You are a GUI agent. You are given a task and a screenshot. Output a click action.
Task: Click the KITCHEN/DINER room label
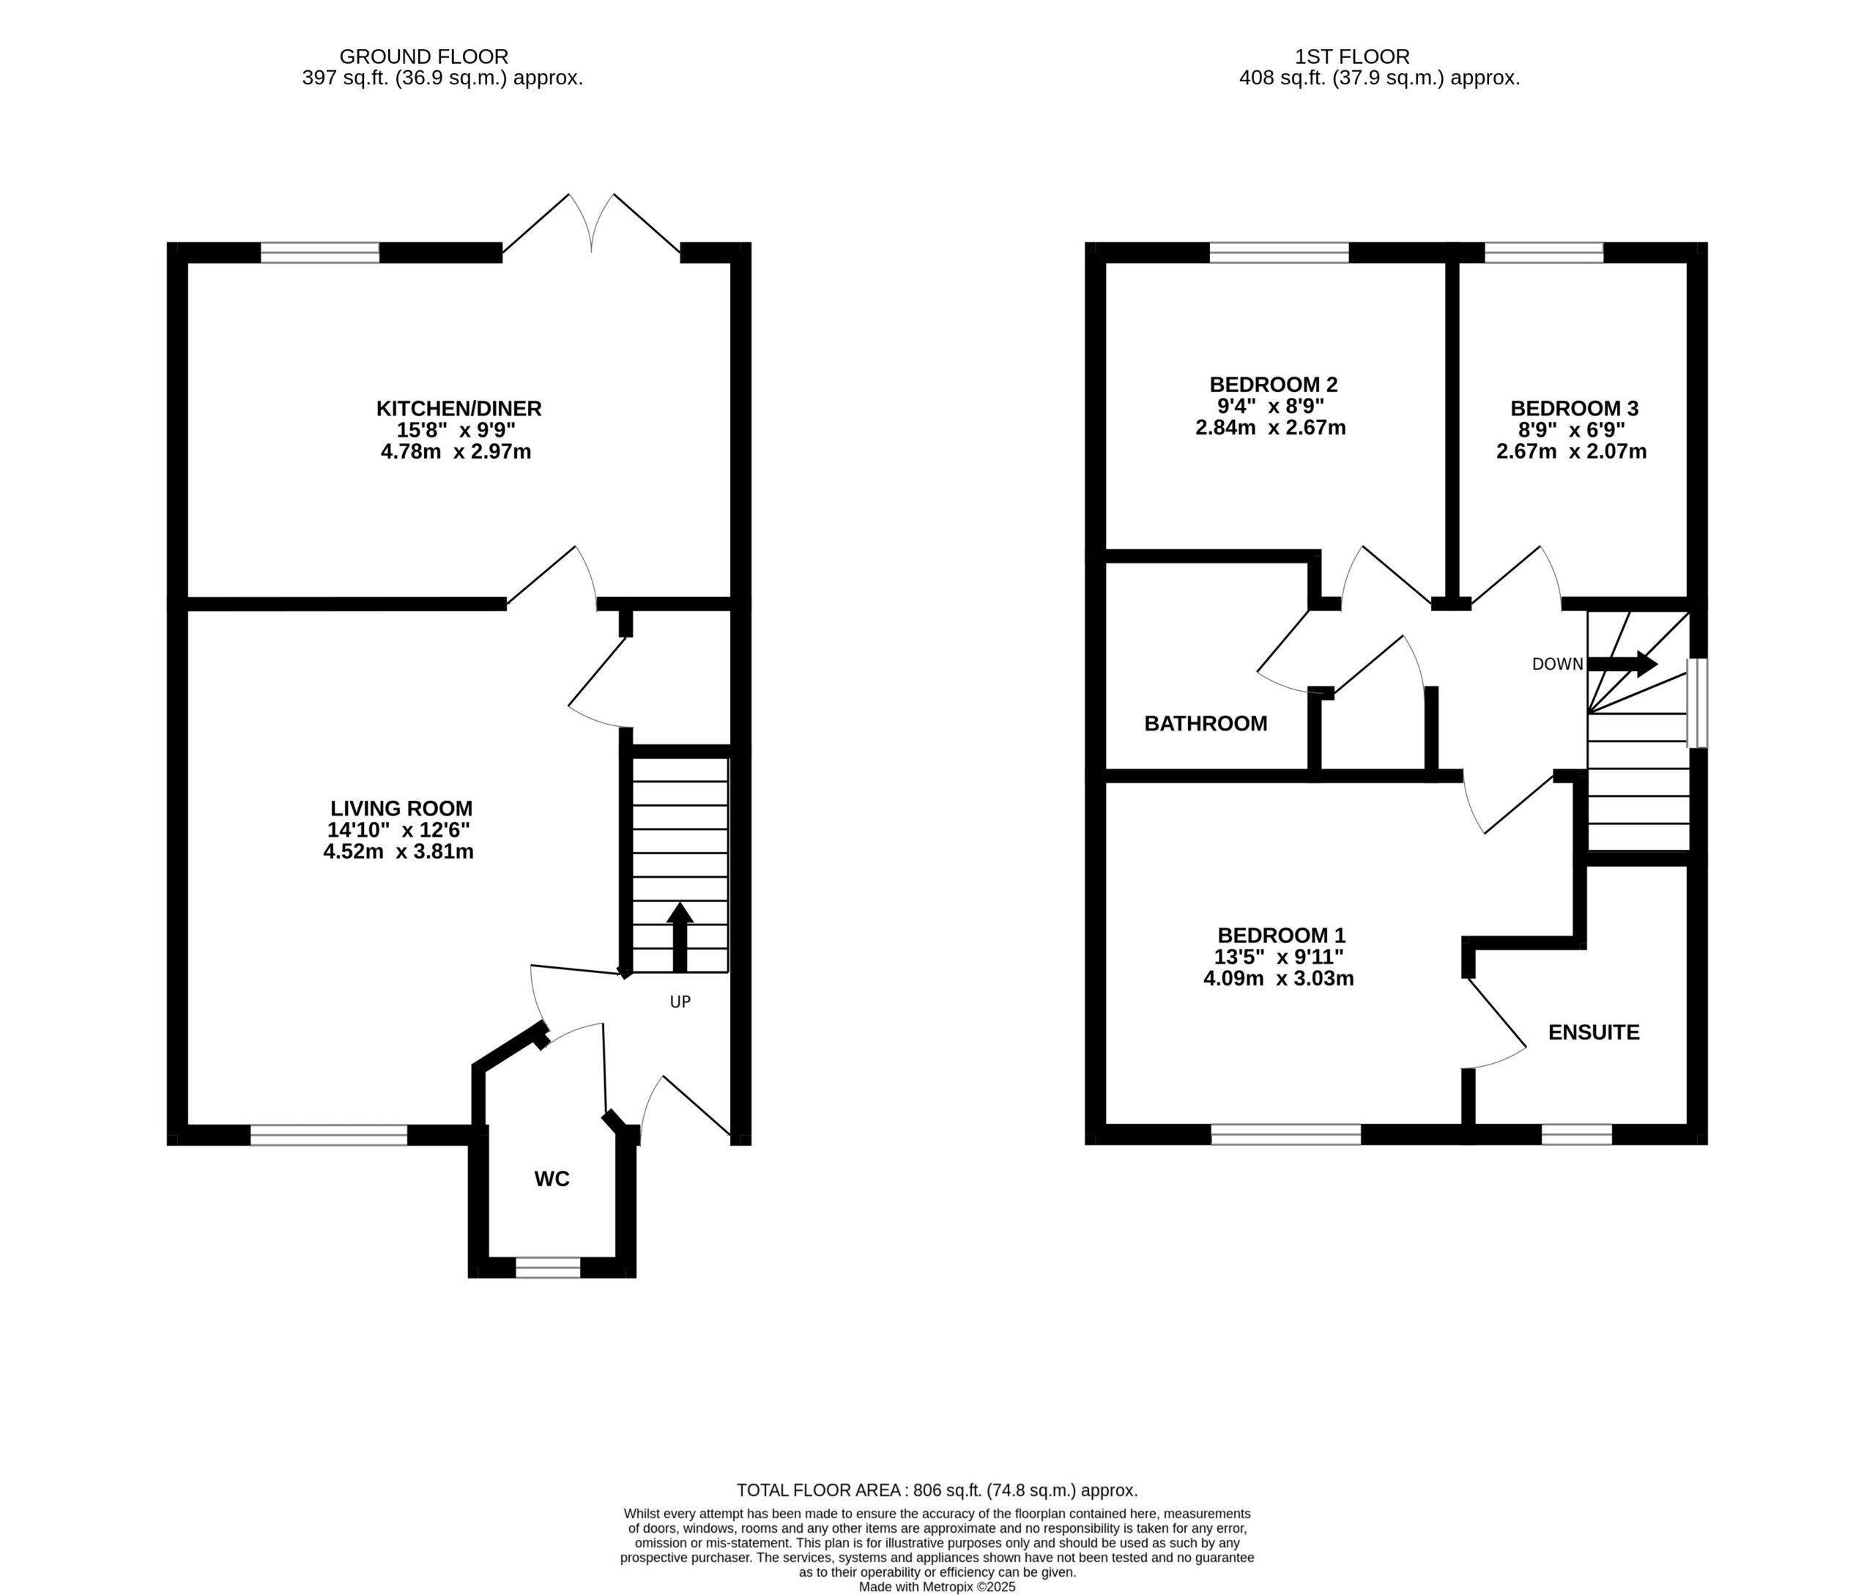[x=458, y=409]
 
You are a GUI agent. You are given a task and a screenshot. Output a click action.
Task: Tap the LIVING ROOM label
[x=401, y=808]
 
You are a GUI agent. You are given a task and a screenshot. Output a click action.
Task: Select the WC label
[x=552, y=1179]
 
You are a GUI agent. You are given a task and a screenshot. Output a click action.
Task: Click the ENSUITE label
[x=1593, y=1032]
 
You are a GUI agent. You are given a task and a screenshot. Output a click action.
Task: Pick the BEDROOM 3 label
[x=1574, y=409]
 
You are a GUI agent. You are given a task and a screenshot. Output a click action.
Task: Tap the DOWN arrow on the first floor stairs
[x=1623, y=665]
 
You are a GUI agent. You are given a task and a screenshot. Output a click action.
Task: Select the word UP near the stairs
[x=680, y=1002]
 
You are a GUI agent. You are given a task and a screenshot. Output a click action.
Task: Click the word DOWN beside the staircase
[x=1558, y=665]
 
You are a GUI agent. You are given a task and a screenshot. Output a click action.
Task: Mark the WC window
[x=548, y=1267]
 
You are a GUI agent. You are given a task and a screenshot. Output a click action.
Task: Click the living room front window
[x=329, y=1135]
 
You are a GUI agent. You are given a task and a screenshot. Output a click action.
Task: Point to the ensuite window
[x=1577, y=1135]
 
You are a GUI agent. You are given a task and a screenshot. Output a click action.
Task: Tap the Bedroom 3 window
[x=1544, y=252]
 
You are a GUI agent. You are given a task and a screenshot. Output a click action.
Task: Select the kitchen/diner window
[x=320, y=252]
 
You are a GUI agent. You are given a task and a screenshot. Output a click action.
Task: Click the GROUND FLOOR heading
[x=424, y=57]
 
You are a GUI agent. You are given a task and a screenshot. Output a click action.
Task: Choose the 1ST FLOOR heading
[x=1353, y=57]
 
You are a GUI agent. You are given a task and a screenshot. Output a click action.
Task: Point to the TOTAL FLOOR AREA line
[x=937, y=1490]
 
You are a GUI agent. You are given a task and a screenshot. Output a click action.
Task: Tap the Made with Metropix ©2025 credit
[x=937, y=1587]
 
